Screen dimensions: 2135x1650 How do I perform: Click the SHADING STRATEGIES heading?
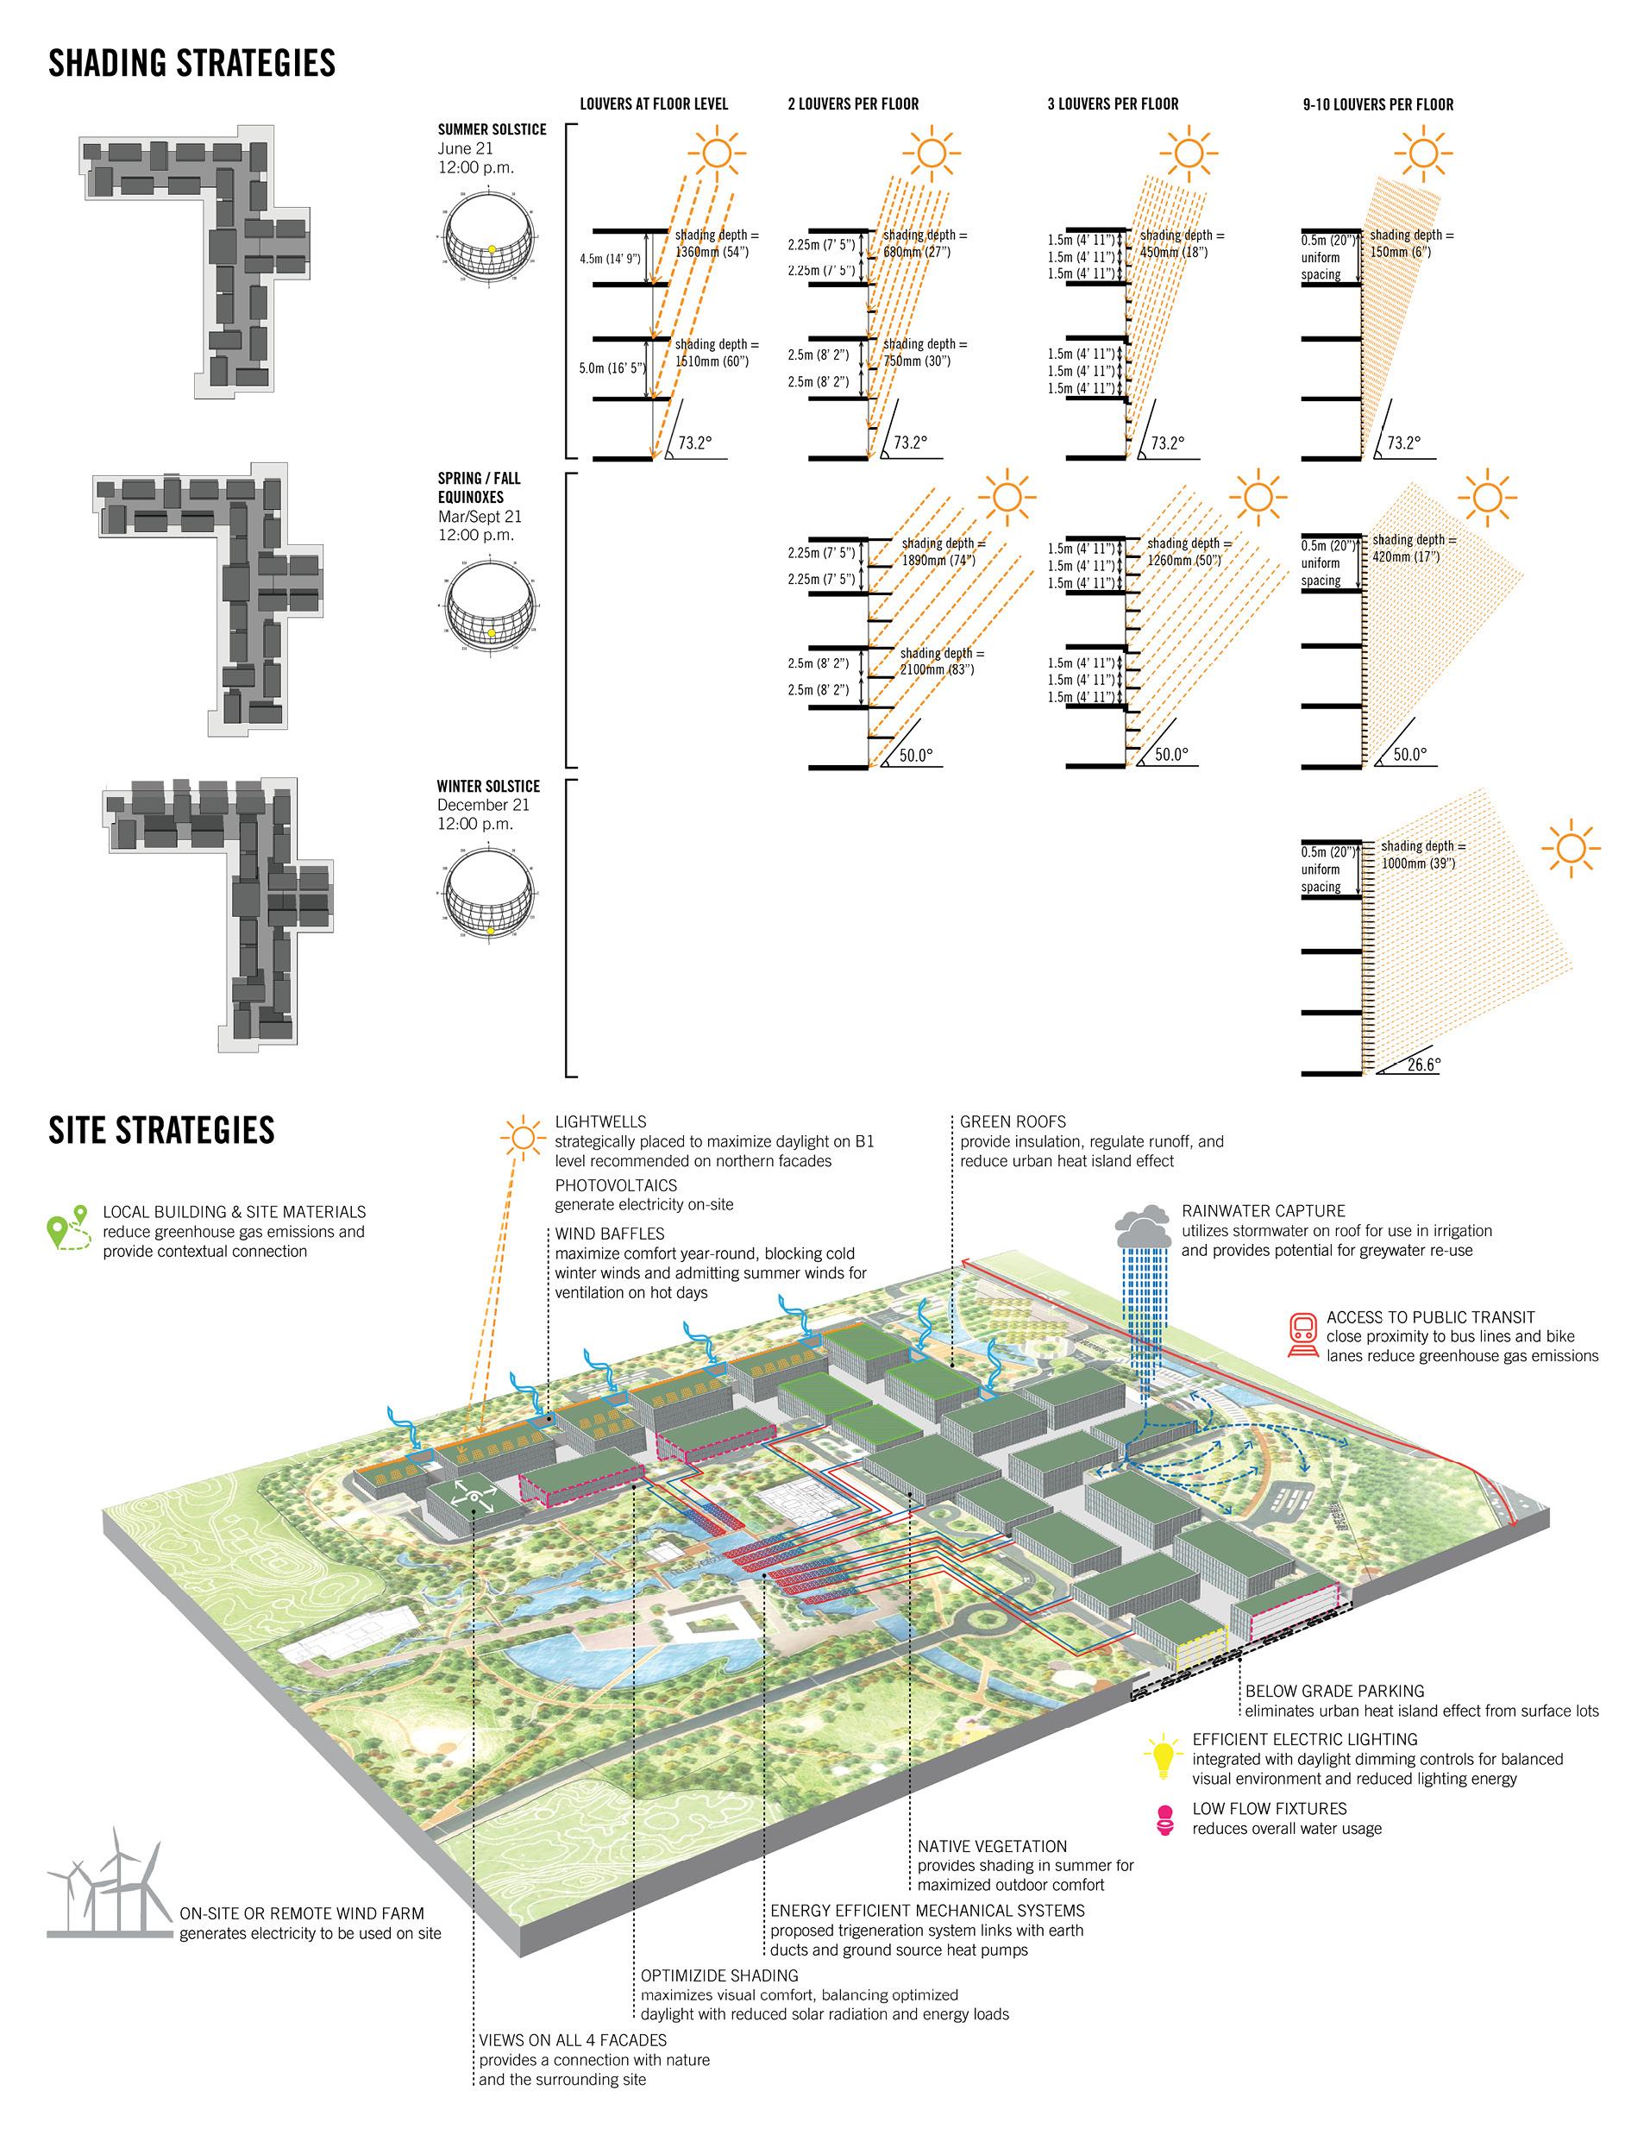(x=191, y=64)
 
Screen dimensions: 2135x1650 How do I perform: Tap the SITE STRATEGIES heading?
(x=161, y=1130)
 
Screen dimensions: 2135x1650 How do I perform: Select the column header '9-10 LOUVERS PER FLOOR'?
(x=1377, y=104)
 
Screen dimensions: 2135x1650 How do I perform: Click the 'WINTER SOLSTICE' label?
(x=488, y=786)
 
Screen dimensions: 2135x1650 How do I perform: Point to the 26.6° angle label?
(x=1423, y=1064)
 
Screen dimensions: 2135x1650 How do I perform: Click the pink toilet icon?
(x=1164, y=1820)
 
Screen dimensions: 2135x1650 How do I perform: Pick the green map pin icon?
(x=68, y=1231)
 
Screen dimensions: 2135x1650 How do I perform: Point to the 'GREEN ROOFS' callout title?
(x=1013, y=1121)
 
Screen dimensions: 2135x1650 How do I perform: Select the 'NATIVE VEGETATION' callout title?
(x=992, y=1846)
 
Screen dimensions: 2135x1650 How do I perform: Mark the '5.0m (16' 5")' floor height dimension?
(x=609, y=368)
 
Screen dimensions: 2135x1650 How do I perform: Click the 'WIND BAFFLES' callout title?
(x=609, y=1234)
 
